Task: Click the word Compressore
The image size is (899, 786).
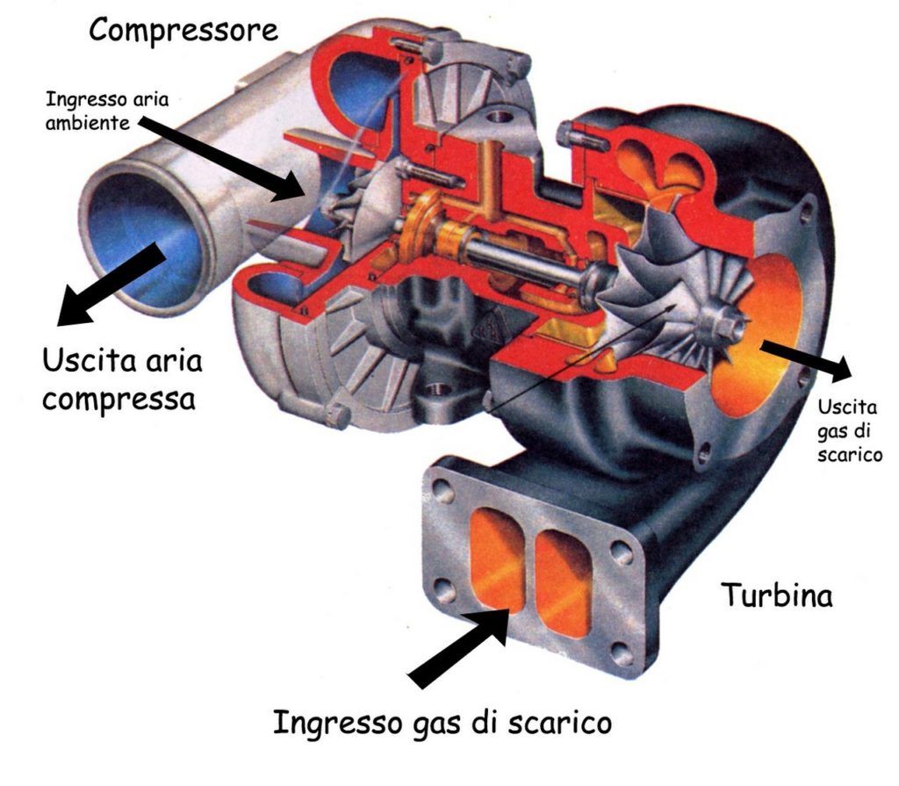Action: [183, 30]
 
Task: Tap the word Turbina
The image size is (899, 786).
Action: [777, 595]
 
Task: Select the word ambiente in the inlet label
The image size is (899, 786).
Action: [87, 123]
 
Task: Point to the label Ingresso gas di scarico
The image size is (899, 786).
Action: [442, 722]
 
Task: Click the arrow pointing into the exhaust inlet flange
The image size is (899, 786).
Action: [458, 646]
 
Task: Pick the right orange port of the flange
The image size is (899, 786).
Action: [563, 582]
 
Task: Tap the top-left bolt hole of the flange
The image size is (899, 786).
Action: [443, 489]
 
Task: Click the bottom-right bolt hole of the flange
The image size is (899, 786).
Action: [622, 653]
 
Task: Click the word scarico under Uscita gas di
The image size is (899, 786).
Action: [850, 454]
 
